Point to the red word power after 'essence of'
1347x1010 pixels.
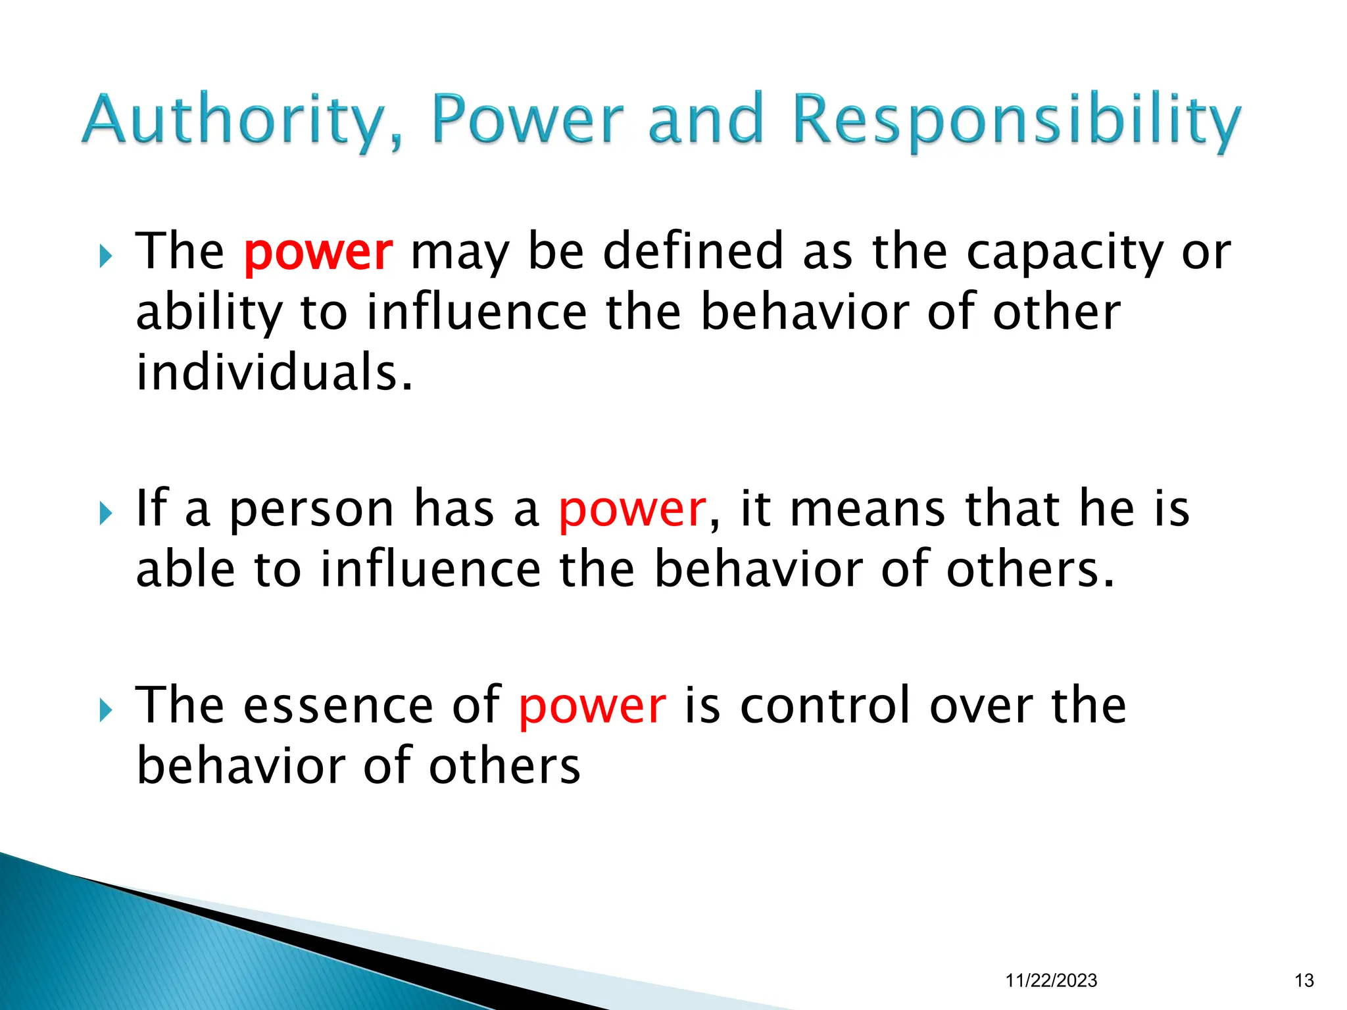click(593, 706)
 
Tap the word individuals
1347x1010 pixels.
click(274, 372)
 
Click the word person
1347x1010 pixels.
click(312, 510)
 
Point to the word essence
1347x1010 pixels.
click(339, 706)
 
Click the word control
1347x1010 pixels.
click(825, 706)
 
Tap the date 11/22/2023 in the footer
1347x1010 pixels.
click(1051, 980)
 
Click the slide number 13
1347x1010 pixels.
click(1304, 980)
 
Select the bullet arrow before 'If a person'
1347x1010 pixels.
click(105, 514)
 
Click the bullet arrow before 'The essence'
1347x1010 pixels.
click(105, 710)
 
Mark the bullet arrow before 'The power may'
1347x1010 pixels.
click(105, 256)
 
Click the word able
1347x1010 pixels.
click(185, 569)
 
